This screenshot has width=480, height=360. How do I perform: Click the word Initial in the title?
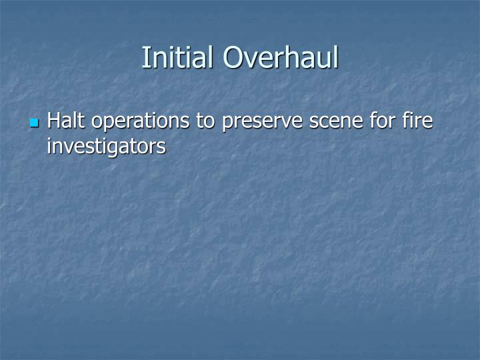pos(179,57)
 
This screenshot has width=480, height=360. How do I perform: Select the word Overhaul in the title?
pos(281,57)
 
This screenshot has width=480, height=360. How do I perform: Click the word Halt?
pos(67,121)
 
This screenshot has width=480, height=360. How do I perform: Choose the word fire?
pos(418,121)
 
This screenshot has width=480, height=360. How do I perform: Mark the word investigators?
pos(106,146)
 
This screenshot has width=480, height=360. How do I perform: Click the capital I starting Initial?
pos(145,57)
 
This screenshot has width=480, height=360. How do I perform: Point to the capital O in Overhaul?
pos(233,57)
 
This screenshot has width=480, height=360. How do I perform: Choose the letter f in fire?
pos(406,121)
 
